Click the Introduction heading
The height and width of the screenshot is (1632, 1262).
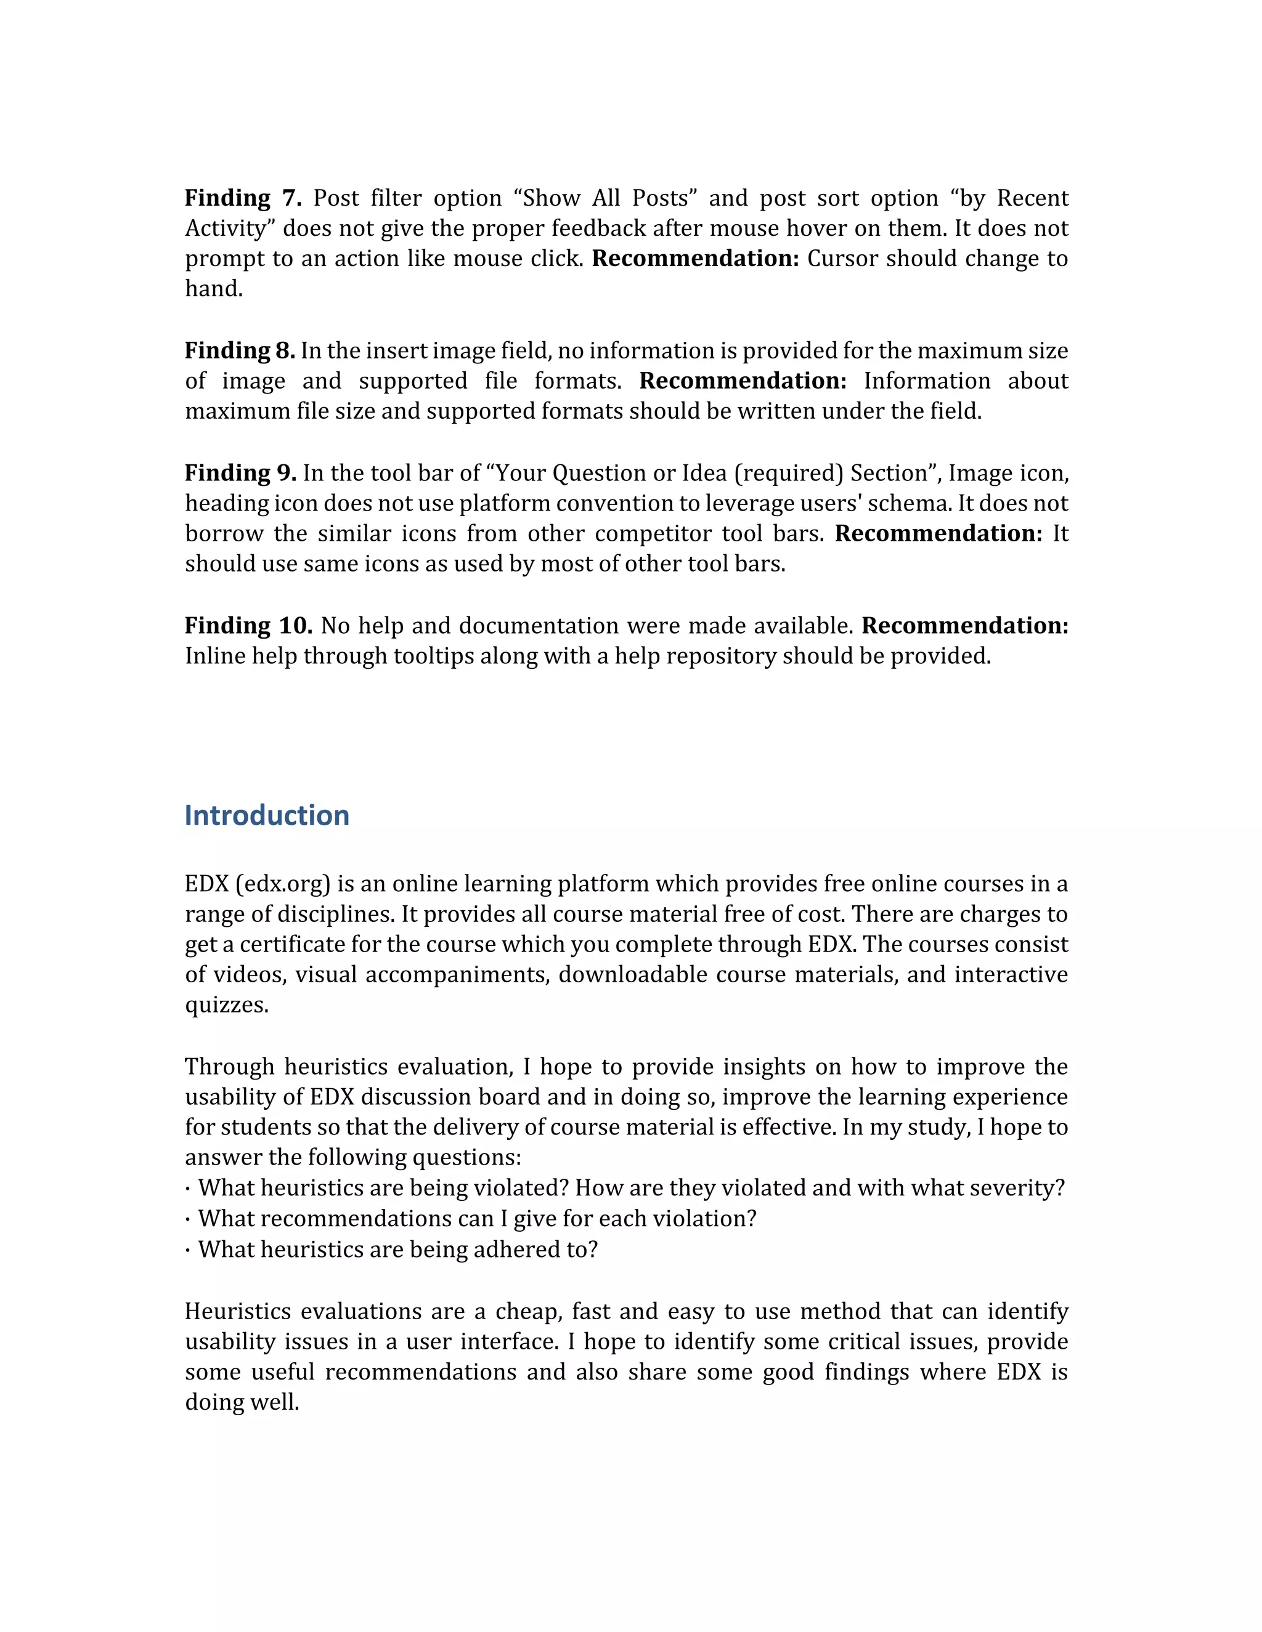(267, 815)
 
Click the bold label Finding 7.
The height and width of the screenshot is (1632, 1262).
(242, 198)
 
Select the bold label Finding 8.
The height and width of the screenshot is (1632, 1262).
(239, 350)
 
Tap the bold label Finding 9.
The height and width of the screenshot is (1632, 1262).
(240, 473)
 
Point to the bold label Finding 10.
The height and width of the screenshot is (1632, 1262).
(248, 626)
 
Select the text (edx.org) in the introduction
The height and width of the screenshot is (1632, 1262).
(283, 884)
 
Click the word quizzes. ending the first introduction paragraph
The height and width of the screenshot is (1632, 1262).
(227, 1005)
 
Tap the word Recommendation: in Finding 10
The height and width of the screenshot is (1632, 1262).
(964, 626)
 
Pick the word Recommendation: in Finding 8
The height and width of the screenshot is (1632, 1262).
(743, 381)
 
